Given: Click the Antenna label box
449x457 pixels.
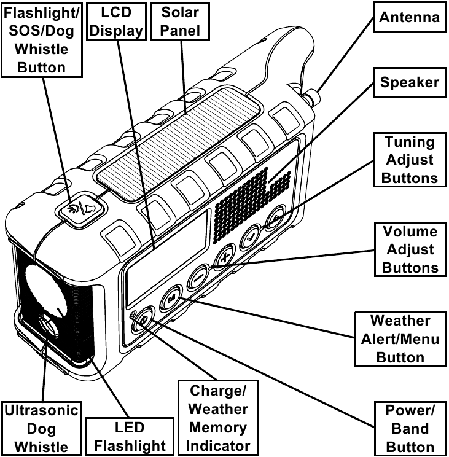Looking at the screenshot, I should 410,17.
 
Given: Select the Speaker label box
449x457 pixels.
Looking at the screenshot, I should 410,82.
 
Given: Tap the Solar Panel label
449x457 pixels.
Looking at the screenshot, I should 181,21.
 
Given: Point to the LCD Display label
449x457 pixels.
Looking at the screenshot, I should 115,21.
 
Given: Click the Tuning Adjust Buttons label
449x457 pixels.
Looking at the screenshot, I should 410,160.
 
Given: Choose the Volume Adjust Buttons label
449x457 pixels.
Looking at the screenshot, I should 410,249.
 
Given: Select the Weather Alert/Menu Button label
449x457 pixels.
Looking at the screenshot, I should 400,338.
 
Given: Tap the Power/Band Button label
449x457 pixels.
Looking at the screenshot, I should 409,428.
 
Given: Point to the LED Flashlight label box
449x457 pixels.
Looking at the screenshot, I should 126,436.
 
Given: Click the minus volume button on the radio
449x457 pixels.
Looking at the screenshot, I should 198,276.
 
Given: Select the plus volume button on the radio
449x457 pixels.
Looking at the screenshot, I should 225,254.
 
